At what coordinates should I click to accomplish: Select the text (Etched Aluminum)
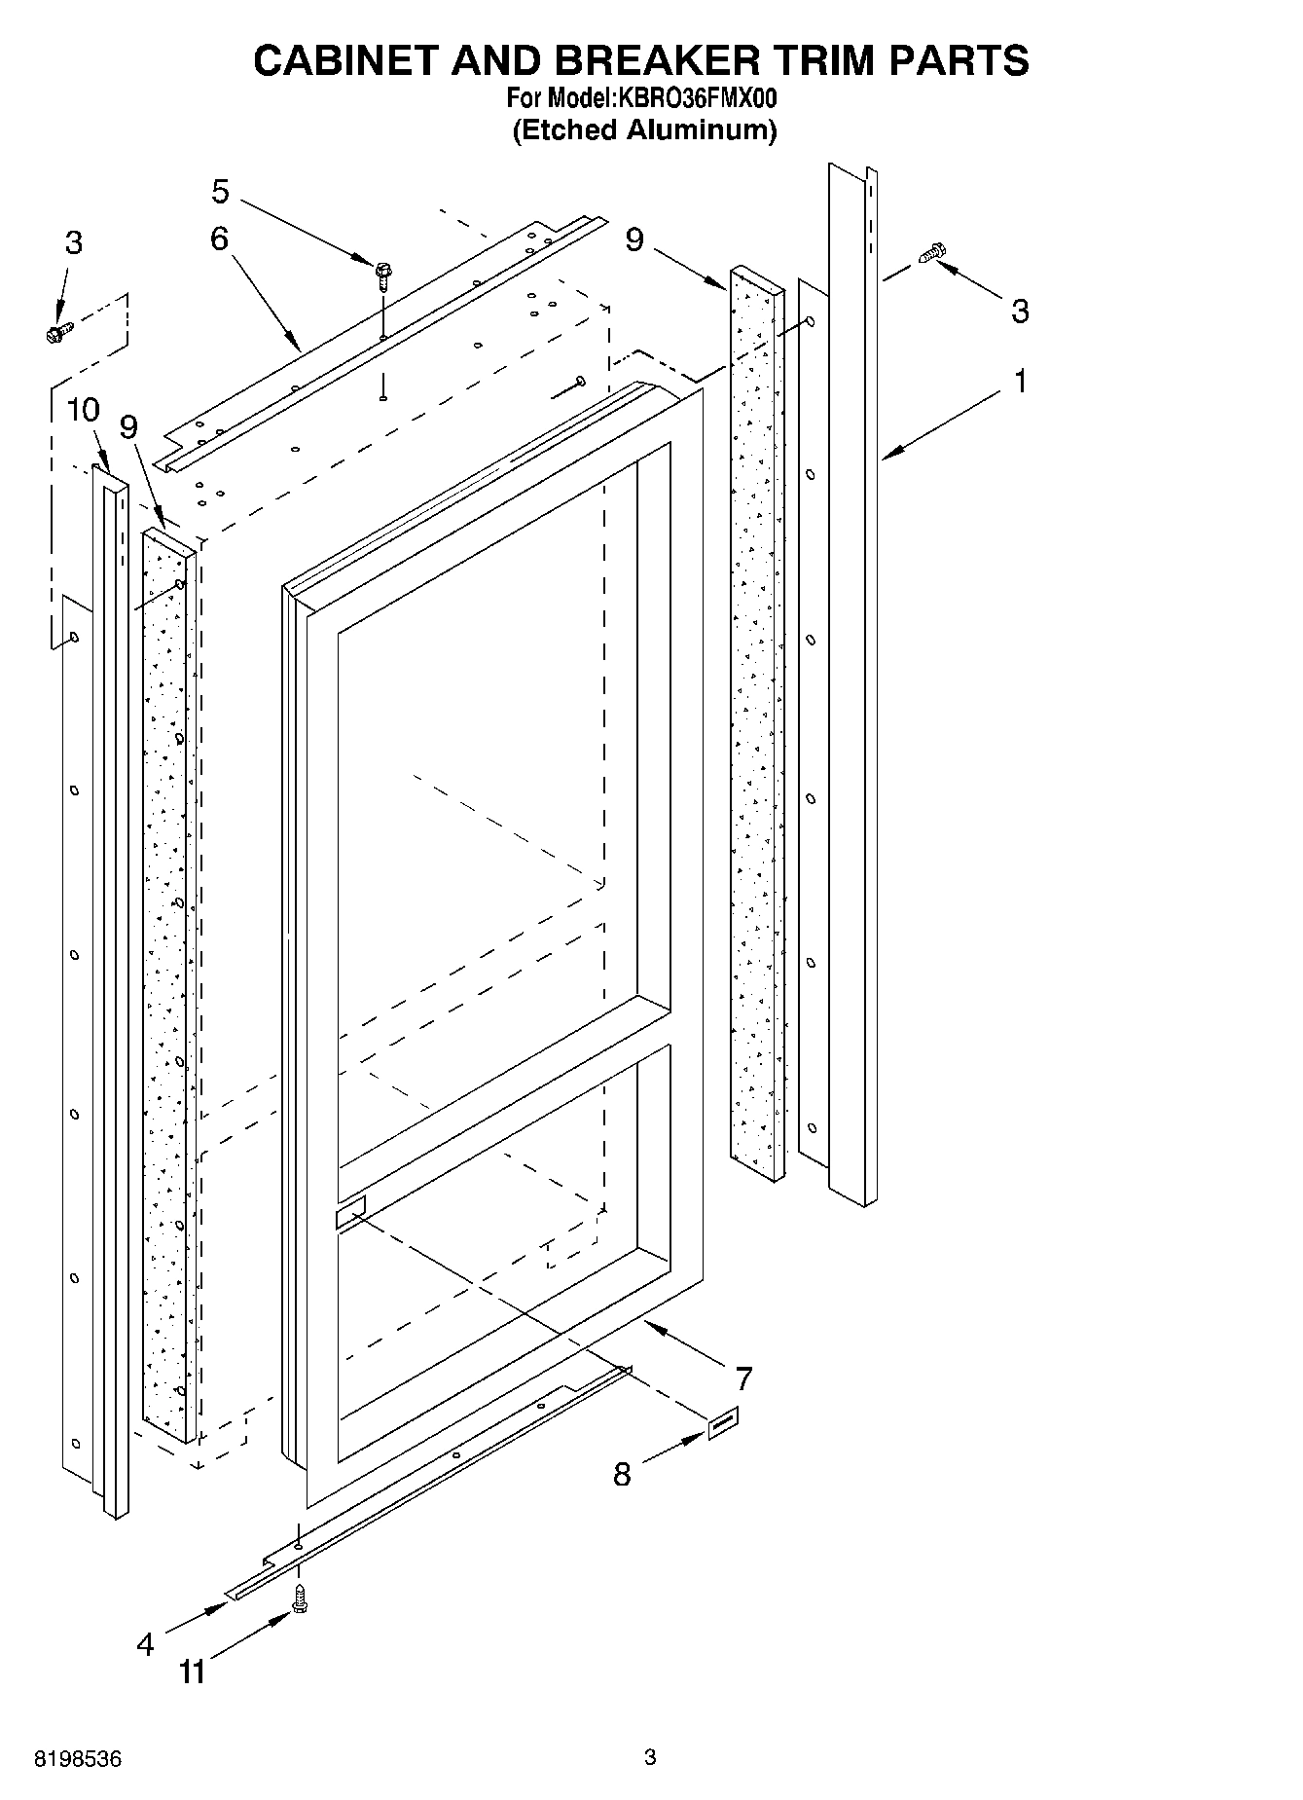click(644, 129)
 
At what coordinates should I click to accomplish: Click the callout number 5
click(221, 192)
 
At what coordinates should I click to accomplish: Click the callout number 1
click(1020, 382)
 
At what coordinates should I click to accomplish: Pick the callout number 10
click(84, 410)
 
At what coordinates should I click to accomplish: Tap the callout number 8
click(622, 1474)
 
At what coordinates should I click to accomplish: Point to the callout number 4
click(145, 1644)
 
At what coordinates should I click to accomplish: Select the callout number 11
click(193, 1672)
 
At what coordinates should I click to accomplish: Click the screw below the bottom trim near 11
click(300, 1598)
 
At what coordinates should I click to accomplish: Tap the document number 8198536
click(78, 1759)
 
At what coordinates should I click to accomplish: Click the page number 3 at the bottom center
click(650, 1757)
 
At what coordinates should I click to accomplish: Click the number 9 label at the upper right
click(634, 239)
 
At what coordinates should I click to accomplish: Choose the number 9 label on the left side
click(128, 426)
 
